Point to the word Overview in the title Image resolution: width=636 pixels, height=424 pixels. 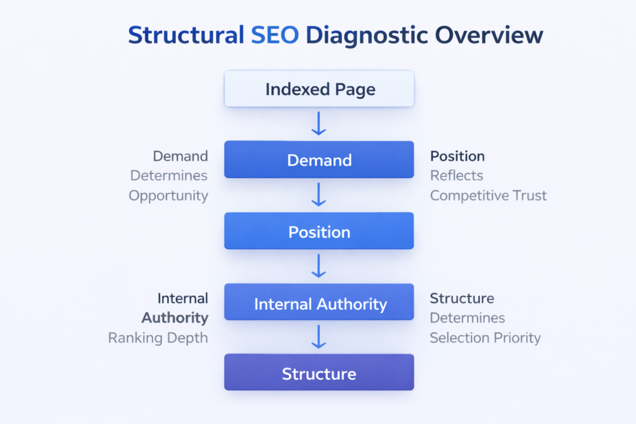(x=489, y=35)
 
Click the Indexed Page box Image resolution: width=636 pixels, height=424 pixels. (x=319, y=89)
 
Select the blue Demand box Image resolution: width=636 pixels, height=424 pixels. (x=319, y=160)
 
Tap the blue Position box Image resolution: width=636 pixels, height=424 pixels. (x=319, y=232)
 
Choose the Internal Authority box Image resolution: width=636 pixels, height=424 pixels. (x=319, y=304)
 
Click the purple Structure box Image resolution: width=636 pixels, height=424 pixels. (x=319, y=373)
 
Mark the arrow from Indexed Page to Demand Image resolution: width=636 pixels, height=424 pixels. (x=319, y=123)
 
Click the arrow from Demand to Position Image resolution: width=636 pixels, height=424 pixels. (x=319, y=194)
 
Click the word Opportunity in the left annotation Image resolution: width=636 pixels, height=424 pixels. (x=168, y=196)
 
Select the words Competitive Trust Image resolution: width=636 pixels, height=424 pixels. (x=488, y=196)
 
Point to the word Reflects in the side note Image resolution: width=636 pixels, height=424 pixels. (x=457, y=176)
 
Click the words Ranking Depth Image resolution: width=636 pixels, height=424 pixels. (x=158, y=338)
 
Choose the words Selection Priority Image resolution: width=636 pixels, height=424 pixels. (x=485, y=338)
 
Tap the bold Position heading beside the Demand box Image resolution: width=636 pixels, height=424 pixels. (x=457, y=156)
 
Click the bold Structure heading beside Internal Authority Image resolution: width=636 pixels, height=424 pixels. (x=461, y=298)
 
